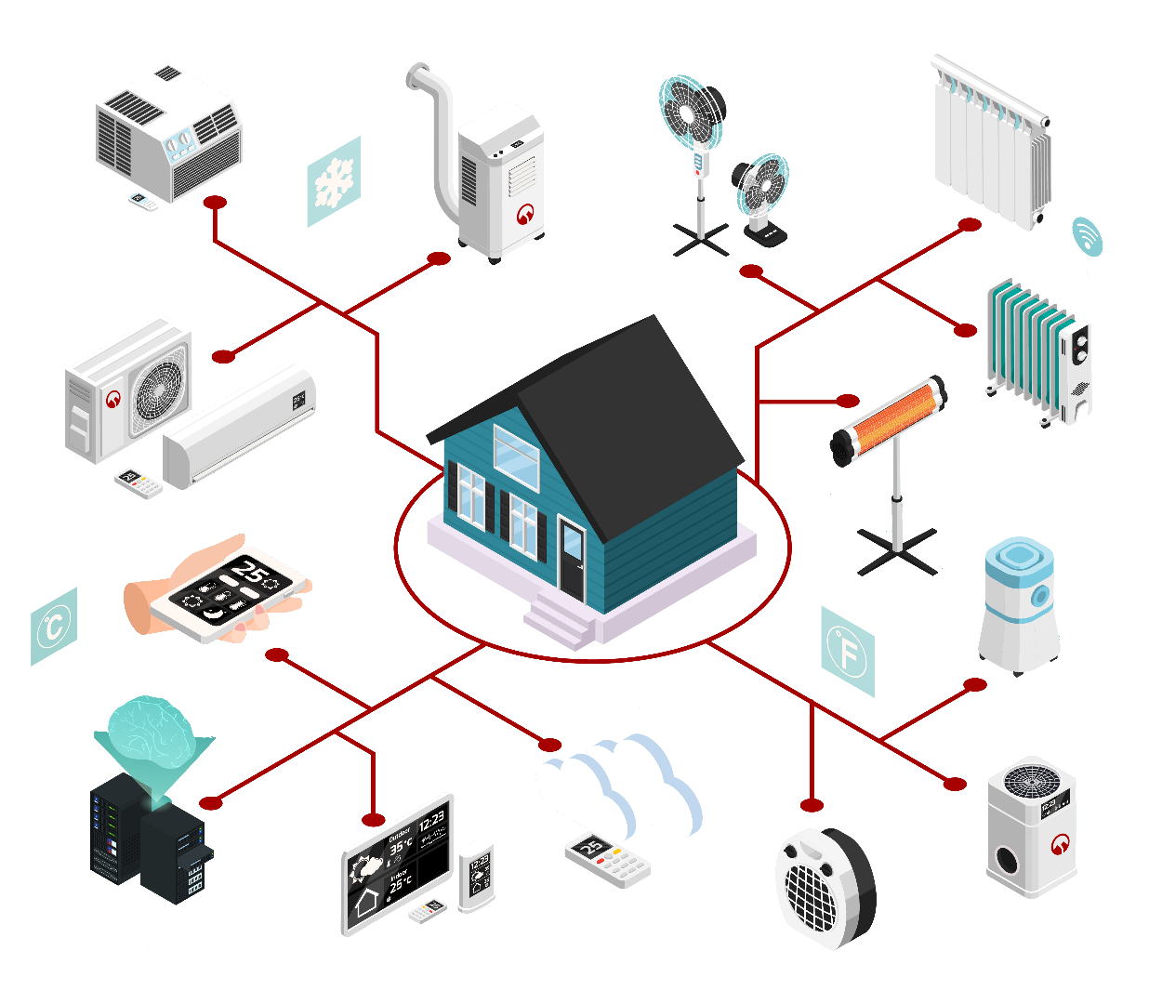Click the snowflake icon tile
(x=334, y=182)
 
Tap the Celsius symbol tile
(x=54, y=627)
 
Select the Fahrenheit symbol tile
(x=847, y=652)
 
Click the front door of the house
(x=572, y=560)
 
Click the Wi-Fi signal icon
(x=1086, y=238)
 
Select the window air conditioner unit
(x=167, y=130)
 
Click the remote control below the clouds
(x=608, y=861)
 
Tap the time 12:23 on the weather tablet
(x=431, y=822)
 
